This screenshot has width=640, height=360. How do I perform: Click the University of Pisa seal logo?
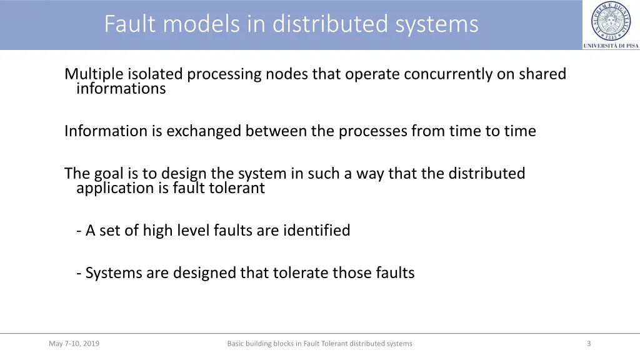coord(611,21)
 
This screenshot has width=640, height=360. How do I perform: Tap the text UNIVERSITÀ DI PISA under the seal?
coord(611,46)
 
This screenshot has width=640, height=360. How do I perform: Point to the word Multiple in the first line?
coord(94,74)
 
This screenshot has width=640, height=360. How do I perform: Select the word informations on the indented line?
coord(121,89)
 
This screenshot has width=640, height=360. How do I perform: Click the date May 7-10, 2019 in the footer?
coord(74,344)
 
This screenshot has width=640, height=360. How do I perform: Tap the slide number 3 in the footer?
coord(589,344)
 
